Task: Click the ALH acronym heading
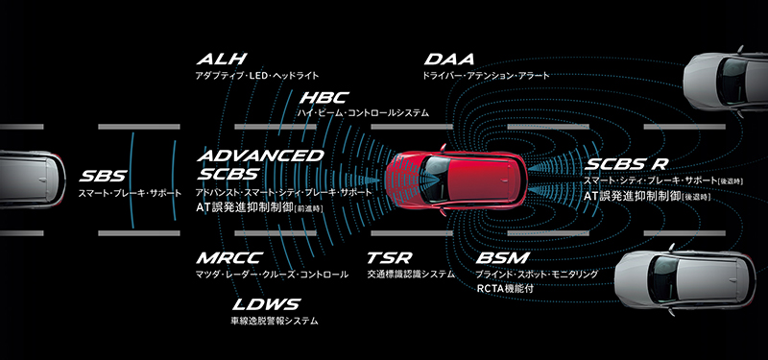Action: coord(222,60)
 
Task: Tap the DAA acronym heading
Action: coord(449,60)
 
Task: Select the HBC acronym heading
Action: coord(324,98)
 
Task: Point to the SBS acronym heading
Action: coord(104,176)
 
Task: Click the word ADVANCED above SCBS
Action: coord(260,156)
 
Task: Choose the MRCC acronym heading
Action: coord(229,258)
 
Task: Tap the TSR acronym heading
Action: coord(390,258)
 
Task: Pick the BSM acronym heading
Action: coord(502,258)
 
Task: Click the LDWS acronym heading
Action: coord(266,304)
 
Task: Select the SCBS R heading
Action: coord(627,164)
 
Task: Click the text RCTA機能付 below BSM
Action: coord(505,289)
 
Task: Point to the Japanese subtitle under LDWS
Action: coord(275,322)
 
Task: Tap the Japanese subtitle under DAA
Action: coord(486,76)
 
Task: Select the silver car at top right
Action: coord(726,80)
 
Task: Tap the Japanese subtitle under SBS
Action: coord(130,193)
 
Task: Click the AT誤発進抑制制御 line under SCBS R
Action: coord(646,196)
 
